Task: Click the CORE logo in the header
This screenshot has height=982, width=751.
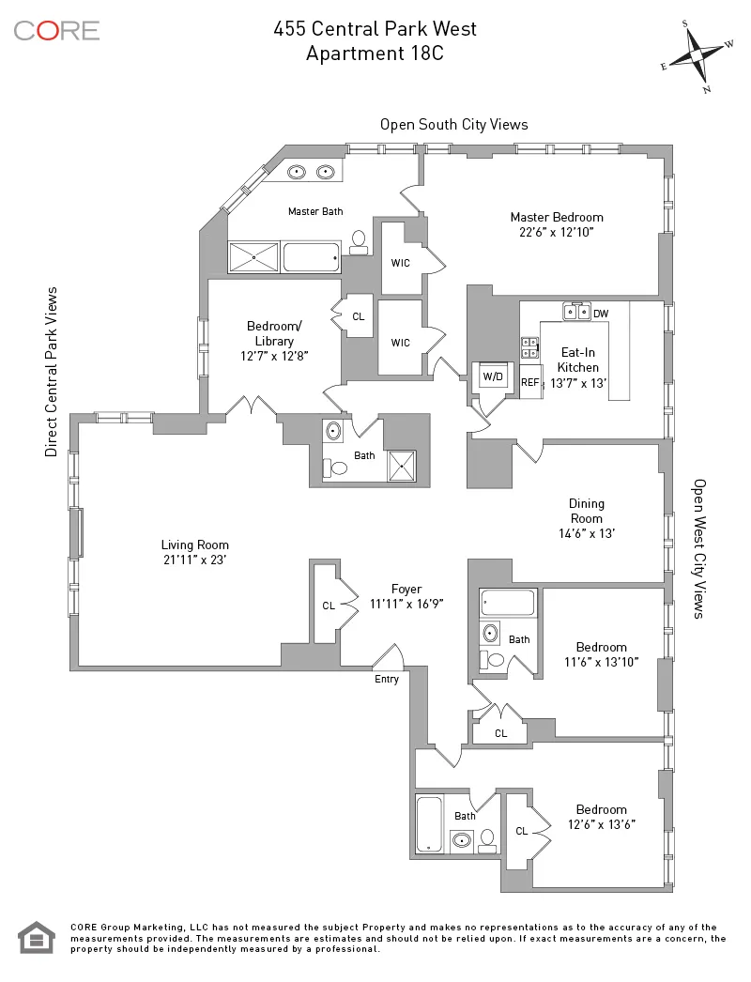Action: (56, 30)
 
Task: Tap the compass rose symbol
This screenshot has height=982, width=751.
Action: (697, 55)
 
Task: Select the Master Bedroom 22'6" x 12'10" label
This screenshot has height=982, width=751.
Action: (557, 224)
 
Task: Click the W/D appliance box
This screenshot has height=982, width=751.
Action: (492, 376)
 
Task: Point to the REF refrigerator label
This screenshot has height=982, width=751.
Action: (530, 382)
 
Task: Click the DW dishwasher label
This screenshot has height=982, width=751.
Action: (601, 314)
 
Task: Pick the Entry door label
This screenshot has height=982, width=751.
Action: (387, 679)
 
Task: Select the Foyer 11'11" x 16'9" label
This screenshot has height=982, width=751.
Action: (406, 597)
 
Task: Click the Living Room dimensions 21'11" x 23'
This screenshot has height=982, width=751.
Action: (194, 560)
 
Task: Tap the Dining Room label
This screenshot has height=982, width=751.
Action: (586, 511)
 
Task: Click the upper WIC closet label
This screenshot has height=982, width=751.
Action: (401, 263)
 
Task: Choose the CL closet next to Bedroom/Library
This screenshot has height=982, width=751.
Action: (358, 317)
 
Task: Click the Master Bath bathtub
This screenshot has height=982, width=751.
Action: (311, 256)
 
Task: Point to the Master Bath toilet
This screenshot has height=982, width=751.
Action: (358, 242)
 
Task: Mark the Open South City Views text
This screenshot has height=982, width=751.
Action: (453, 124)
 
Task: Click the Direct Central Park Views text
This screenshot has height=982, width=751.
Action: (52, 372)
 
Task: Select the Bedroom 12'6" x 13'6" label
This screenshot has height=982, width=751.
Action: (601, 817)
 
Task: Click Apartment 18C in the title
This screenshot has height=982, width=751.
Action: (375, 54)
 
